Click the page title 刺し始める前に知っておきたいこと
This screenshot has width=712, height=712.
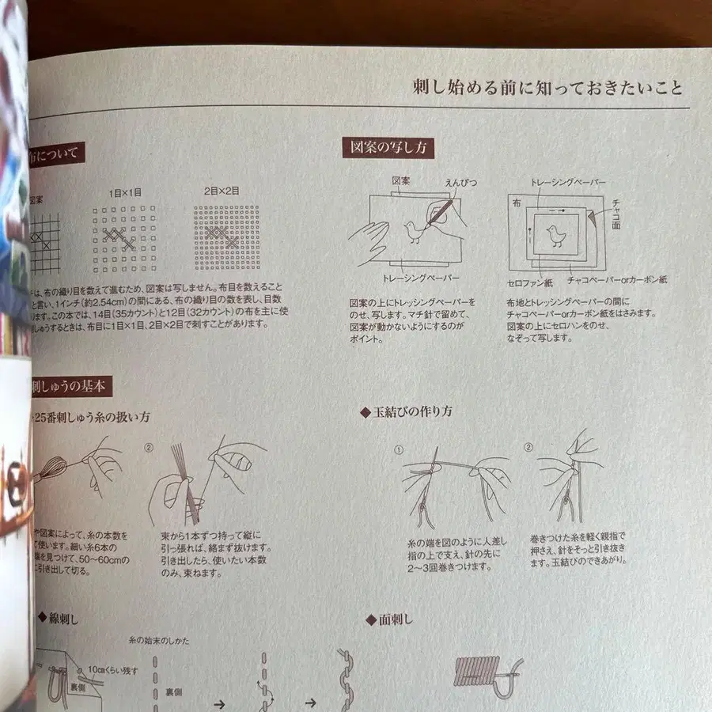pos(547,86)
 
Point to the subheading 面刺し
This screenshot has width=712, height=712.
pos(392,619)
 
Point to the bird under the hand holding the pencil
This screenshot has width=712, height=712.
pos(415,232)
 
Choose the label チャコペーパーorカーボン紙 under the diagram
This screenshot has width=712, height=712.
pos(617,280)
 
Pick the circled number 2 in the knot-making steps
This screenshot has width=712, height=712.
pos(528,447)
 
